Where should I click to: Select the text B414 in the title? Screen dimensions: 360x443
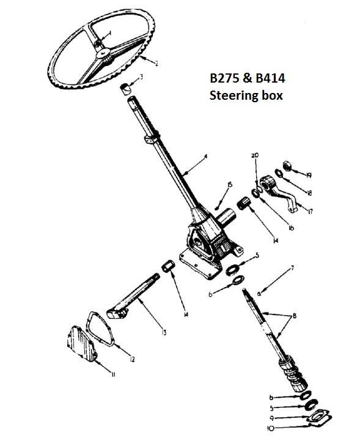coord(270,78)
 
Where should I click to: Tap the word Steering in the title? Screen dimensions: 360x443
coord(234,96)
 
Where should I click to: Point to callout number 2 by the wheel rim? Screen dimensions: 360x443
coord(157,63)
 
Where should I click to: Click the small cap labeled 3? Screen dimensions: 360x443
coord(126,89)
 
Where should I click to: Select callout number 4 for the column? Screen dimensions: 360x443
coord(206,156)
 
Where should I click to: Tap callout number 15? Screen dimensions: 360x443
coord(230,185)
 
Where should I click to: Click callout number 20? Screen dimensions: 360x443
coord(255,155)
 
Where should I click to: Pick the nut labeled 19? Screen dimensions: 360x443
coord(287,166)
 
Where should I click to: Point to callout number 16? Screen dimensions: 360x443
coord(291,228)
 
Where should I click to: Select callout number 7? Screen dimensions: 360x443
coord(293,267)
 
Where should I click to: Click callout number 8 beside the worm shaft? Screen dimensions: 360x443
coord(294,316)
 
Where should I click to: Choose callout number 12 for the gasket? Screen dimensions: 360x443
coord(132,359)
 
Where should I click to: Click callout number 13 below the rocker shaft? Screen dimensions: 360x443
coord(163,332)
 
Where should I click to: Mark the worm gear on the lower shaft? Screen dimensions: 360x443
coord(293,375)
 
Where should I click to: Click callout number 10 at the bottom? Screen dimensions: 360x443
coord(270,428)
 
